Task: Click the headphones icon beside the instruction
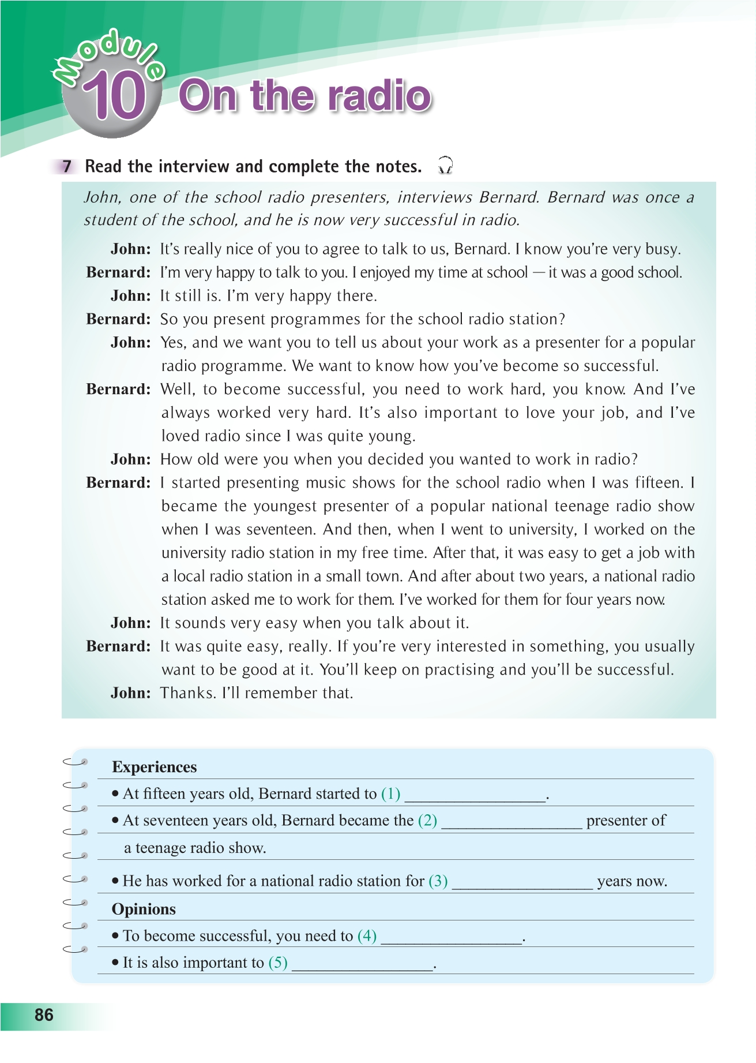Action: point(445,166)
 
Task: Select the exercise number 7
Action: point(67,167)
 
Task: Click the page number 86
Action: point(44,1015)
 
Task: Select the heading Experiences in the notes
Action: point(154,767)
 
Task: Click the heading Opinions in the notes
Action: point(144,909)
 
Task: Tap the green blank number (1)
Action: point(390,794)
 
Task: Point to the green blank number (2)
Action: point(427,821)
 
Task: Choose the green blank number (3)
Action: point(438,881)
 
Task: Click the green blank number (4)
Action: point(367,935)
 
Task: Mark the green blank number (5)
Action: point(278,963)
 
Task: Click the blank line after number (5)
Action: point(362,965)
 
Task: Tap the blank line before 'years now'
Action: point(522,884)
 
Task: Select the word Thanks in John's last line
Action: point(186,693)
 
